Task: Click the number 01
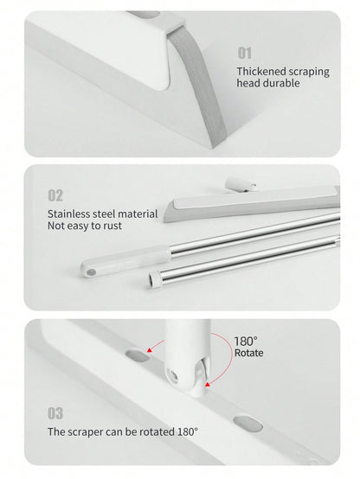245,53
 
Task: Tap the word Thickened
261,71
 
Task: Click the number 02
55,195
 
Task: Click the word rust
112,226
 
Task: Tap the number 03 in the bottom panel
55,413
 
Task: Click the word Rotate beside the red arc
248,353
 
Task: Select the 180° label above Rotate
246,342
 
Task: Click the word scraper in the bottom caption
83,432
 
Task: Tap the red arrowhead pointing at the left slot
150,350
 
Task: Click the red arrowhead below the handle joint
208,384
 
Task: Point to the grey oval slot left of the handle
138,355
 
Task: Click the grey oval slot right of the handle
247,424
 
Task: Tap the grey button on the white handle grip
90,271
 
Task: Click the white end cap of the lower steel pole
154,280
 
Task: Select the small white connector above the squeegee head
241,184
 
